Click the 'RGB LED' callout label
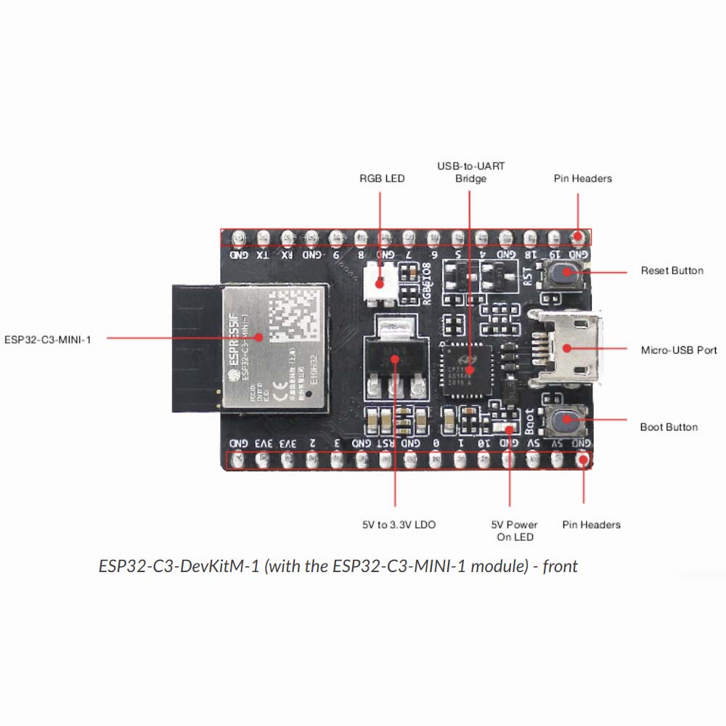[382, 179]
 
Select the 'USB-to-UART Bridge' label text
[470, 172]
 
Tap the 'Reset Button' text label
[672, 271]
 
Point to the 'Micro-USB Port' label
[679, 350]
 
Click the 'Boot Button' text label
[669, 427]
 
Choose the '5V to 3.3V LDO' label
[399, 524]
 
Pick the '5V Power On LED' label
[515, 531]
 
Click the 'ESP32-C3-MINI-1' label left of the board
[48, 338]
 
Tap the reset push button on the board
[563, 273]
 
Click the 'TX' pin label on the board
[263, 255]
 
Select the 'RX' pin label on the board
[287, 255]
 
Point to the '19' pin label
[555, 255]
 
